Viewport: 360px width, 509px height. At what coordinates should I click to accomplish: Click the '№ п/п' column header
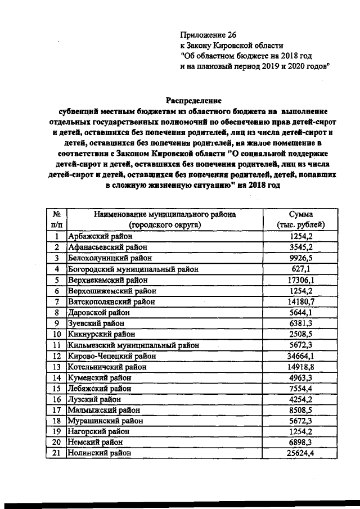click(x=56, y=219)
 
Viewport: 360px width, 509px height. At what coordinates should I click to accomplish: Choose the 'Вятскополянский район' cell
click(x=107, y=301)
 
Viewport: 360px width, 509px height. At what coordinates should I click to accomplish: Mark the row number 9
click(x=56, y=323)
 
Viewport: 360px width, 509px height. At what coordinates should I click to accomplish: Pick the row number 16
click(x=56, y=399)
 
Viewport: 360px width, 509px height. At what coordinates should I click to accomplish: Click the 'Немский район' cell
click(x=93, y=442)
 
